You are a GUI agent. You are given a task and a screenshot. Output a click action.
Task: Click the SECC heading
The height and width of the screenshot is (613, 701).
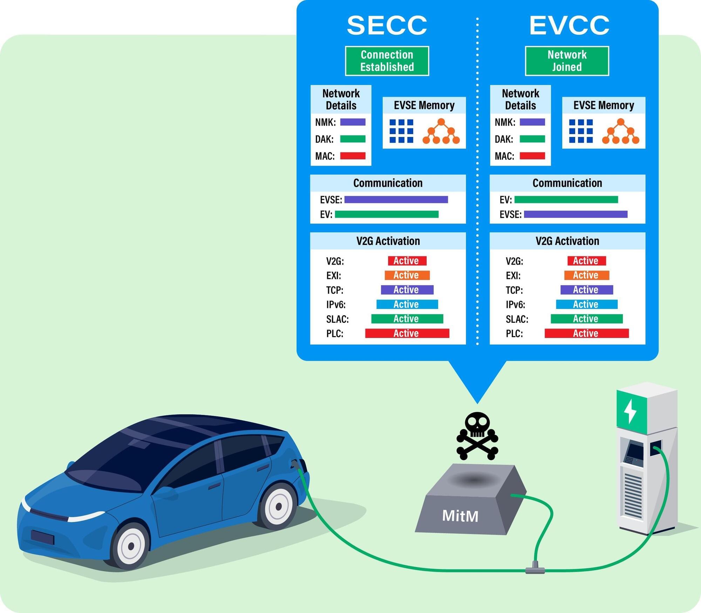click(x=387, y=25)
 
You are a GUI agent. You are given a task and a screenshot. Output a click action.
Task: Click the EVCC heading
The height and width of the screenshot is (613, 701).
click(x=569, y=25)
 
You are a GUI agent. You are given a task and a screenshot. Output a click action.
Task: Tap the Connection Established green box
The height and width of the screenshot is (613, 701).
click(x=387, y=61)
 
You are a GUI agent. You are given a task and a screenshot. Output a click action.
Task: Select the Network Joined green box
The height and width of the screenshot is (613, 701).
click(x=567, y=61)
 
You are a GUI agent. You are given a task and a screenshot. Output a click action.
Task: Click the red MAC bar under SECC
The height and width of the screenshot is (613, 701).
click(x=353, y=156)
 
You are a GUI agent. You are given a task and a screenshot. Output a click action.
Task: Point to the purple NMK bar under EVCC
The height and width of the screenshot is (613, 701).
click(x=532, y=122)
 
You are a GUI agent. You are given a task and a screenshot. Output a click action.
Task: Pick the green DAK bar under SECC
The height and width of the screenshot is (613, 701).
click(x=353, y=139)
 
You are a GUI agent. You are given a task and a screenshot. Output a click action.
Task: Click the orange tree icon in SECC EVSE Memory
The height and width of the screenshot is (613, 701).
click(x=441, y=131)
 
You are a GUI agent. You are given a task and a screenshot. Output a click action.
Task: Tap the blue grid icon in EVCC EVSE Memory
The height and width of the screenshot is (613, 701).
click(x=581, y=131)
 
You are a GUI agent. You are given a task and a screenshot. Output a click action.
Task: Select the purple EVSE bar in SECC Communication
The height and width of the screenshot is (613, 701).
click(x=396, y=200)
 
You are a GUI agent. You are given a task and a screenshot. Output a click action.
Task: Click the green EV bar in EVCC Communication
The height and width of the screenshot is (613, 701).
click(x=566, y=200)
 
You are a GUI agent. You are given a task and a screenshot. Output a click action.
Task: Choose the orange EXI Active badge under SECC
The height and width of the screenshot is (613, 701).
click(x=407, y=275)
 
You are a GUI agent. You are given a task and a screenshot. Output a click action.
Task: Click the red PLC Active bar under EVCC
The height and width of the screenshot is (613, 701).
click(x=586, y=333)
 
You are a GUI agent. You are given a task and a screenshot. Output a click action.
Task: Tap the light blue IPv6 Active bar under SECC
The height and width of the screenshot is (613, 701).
click(x=407, y=304)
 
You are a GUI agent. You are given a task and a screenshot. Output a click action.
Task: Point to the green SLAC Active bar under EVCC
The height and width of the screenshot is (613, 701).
click(x=586, y=319)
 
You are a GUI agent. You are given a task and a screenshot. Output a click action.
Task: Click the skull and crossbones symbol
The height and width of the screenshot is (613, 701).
click(x=477, y=436)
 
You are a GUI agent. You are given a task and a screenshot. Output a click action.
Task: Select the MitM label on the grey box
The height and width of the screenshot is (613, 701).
click(x=460, y=516)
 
